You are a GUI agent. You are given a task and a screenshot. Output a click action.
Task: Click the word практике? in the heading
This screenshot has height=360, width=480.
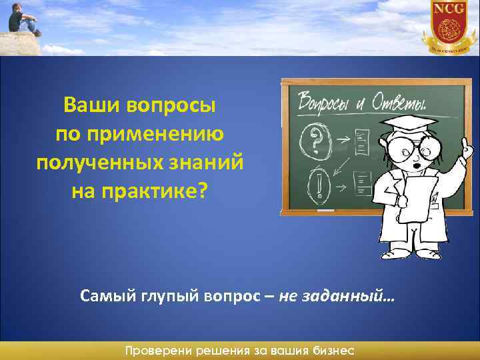(x=156, y=191)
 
